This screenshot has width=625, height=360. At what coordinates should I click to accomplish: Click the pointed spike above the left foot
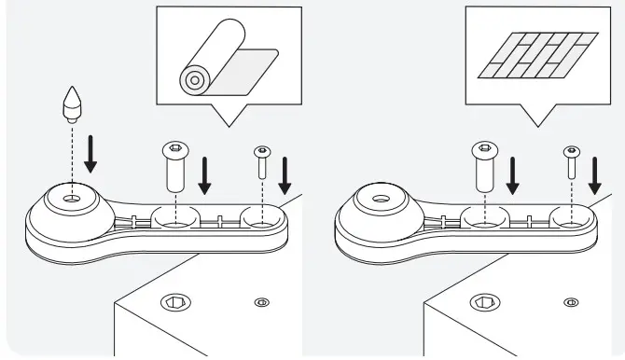tap(72, 104)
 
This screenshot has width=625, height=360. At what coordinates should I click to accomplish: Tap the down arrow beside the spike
tap(90, 155)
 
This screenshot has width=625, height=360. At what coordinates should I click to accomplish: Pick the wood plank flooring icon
tap(535, 56)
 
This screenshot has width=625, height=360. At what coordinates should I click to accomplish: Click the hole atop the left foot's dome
tap(72, 199)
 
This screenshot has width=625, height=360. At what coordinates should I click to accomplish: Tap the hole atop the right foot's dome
tap(381, 199)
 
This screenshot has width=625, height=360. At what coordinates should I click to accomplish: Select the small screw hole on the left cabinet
tap(262, 301)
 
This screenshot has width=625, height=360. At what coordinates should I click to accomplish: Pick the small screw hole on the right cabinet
tap(571, 301)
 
